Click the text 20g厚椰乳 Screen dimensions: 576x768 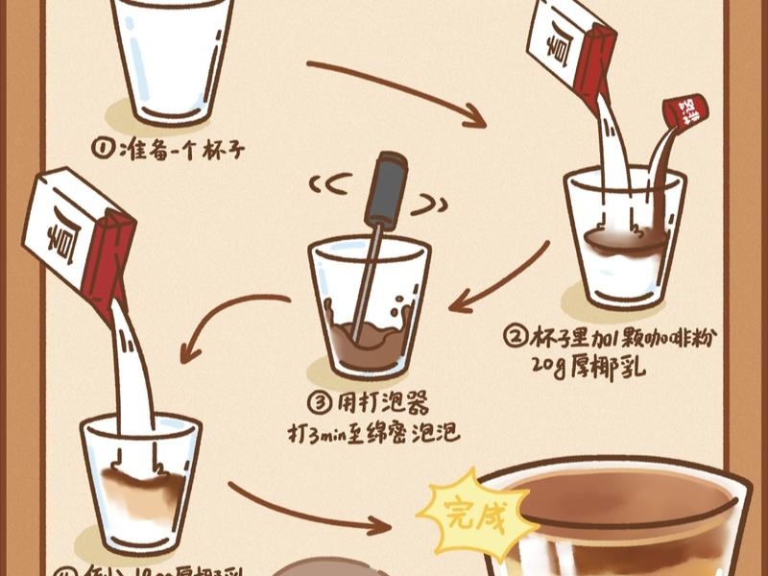[x=588, y=366]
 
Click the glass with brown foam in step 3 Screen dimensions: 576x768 [x=369, y=307]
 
